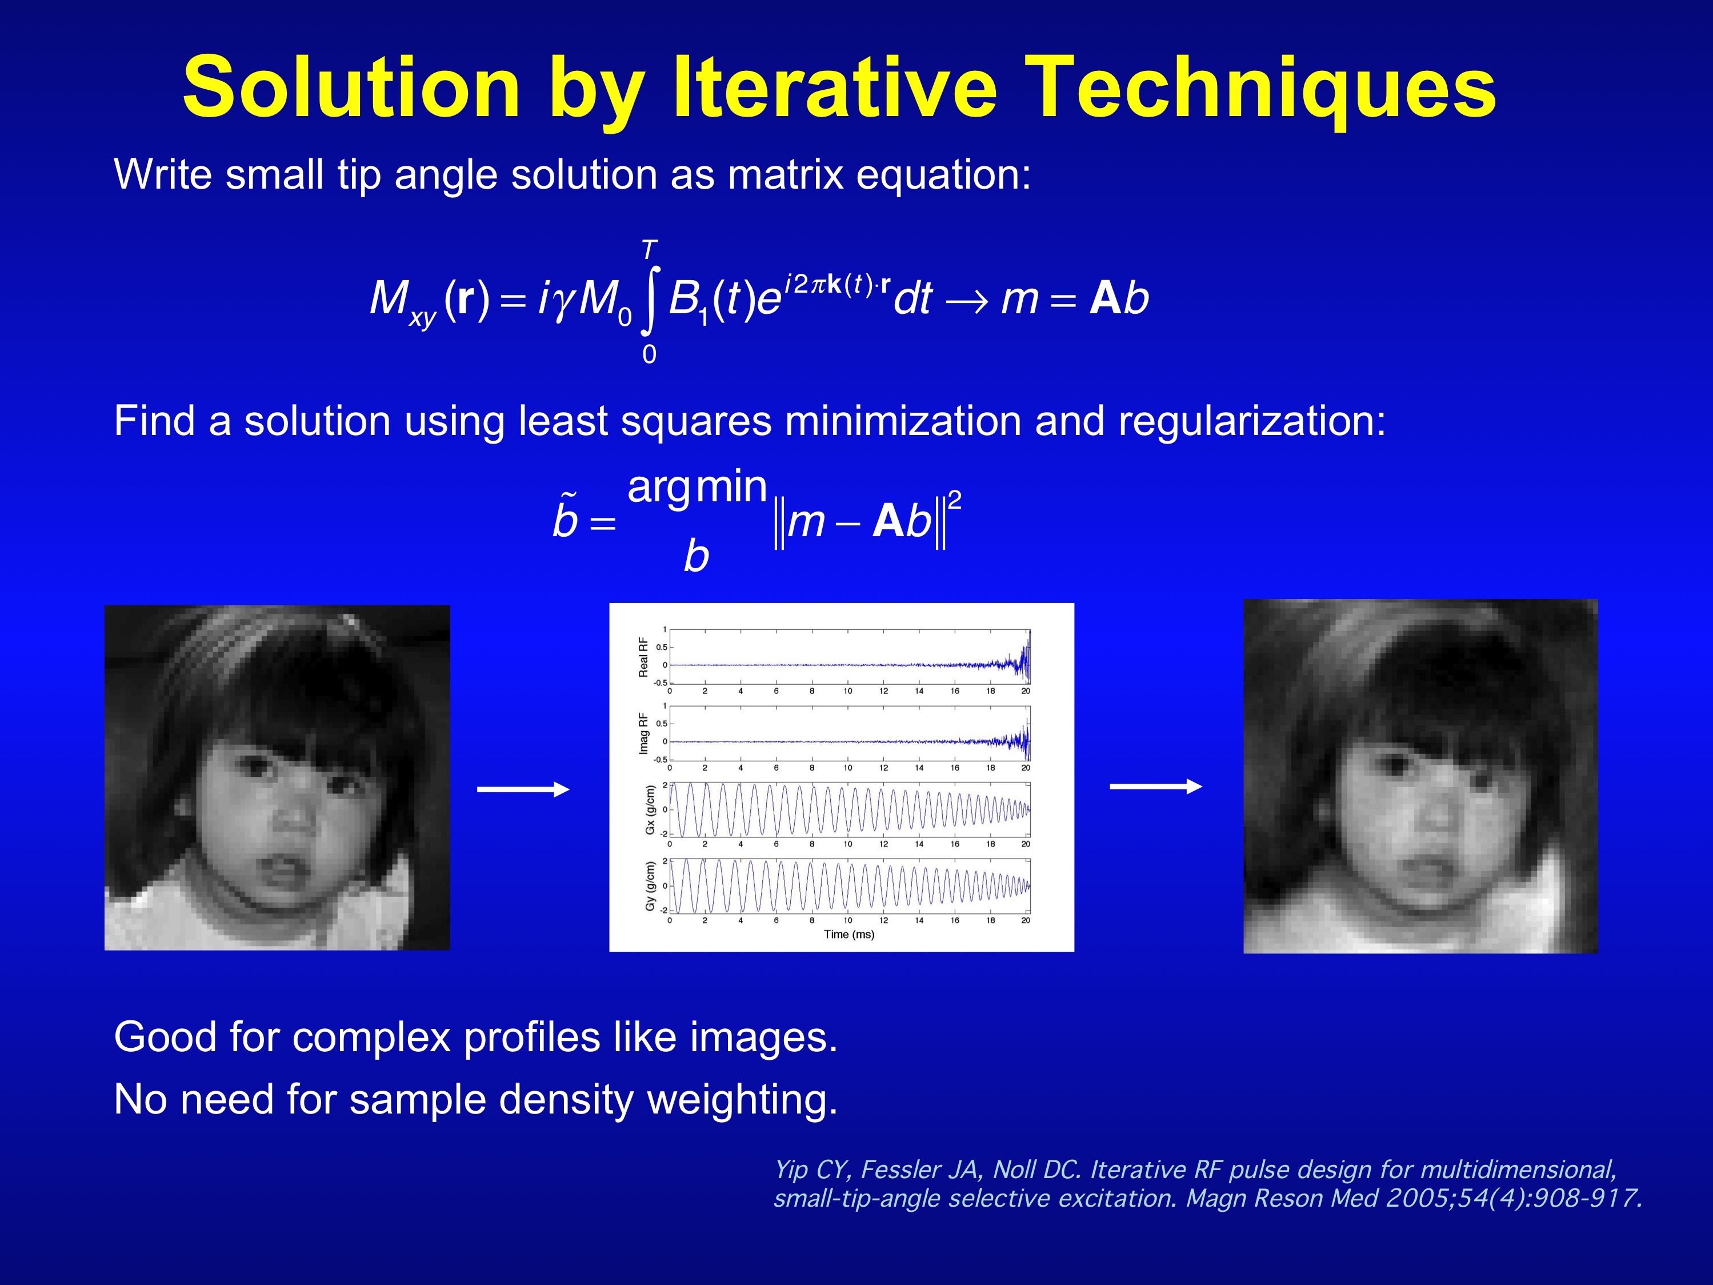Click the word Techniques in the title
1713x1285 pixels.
point(1262,90)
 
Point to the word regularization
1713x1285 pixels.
point(1251,422)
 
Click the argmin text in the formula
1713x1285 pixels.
point(697,489)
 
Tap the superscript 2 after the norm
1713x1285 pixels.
point(955,500)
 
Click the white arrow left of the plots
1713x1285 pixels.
point(523,789)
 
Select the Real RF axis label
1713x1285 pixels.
point(643,657)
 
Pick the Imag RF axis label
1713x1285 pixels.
point(643,733)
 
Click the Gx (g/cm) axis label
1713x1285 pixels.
point(650,810)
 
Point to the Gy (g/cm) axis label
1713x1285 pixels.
point(650,886)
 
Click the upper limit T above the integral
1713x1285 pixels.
point(650,249)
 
